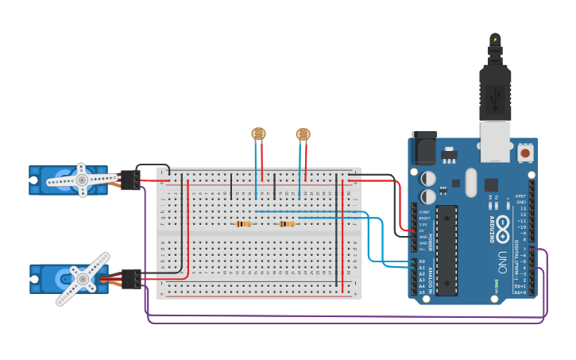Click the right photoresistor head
point(303,135)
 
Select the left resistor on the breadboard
point(244,224)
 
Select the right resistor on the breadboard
point(287,224)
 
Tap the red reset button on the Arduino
point(525,152)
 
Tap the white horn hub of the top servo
point(81,180)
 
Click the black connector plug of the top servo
point(130,180)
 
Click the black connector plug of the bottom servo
point(131,279)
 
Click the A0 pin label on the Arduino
point(422,261)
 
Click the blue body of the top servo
point(48,180)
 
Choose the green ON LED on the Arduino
point(496,282)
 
